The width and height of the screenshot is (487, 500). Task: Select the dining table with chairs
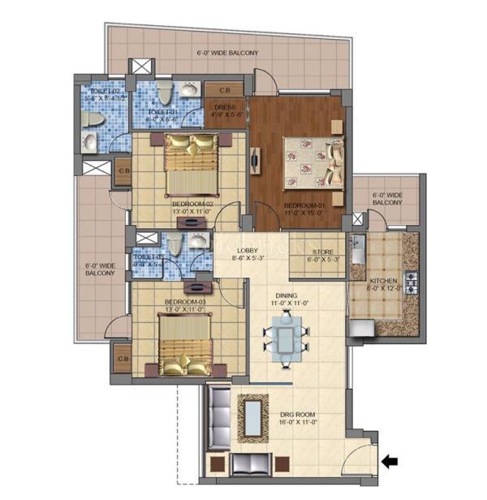tap(284, 335)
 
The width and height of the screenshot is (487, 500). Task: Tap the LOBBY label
tap(248, 255)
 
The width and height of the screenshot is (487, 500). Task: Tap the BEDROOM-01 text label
tap(304, 210)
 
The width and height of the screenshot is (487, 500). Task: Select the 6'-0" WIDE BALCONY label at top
tap(227, 54)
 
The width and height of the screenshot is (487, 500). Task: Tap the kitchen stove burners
tap(411, 283)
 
